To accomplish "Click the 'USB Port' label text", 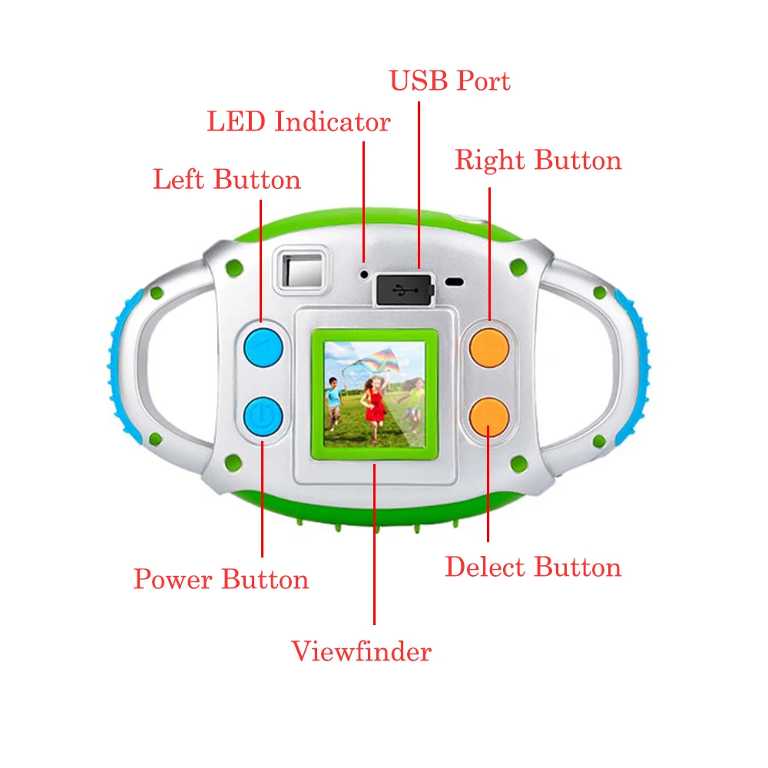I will [x=449, y=81].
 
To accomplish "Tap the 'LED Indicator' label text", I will [x=298, y=121].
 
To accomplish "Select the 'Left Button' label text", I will [x=227, y=180].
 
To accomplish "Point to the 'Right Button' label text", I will [x=538, y=161].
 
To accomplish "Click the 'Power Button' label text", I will [x=221, y=579].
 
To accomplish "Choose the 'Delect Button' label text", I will [x=533, y=568].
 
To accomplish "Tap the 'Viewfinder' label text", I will [x=361, y=652].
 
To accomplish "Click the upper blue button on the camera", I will [x=263, y=348].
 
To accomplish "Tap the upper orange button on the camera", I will [x=489, y=346].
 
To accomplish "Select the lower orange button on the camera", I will [x=489, y=415].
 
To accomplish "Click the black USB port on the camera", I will [x=404, y=290].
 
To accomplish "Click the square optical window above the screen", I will [x=303, y=271].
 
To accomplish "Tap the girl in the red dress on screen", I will [x=374, y=403].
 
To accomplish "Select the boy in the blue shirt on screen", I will [x=333, y=399].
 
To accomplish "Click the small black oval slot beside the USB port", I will [x=455, y=282].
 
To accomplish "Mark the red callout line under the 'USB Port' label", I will [x=419, y=184].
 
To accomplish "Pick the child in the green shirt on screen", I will [x=415, y=399].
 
